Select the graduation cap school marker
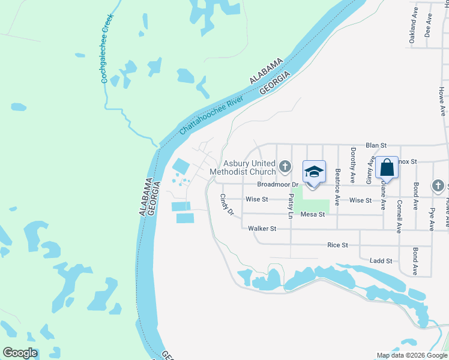(314, 173)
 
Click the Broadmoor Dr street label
(279, 185)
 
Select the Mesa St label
(313, 214)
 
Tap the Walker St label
(262, 229)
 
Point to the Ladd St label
(381, 261)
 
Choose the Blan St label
(375, 145)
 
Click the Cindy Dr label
(226, 204)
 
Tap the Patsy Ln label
(291, 206)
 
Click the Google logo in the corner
(20, 353)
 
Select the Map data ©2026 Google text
(412, 355)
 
